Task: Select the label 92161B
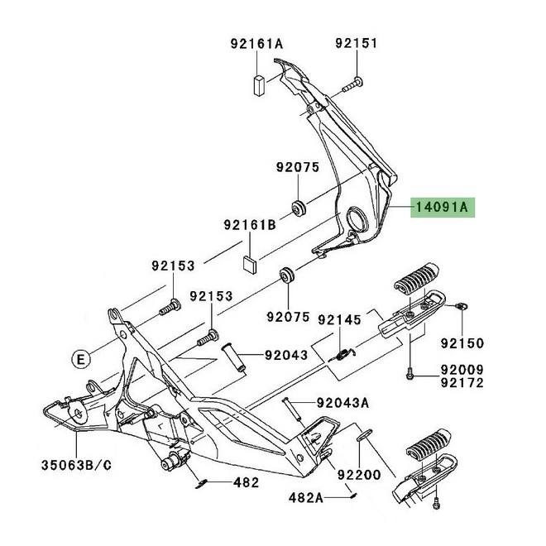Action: pyautogui.click(x=249, y=224)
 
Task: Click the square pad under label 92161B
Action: pyautogui.click(x=251, y=264)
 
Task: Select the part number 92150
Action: pyautogui.click(x=462, y=342)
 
